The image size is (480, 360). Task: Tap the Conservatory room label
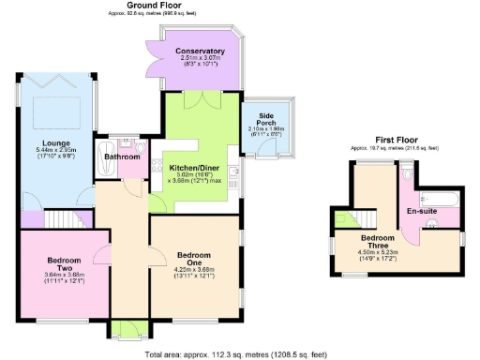click(202, 51)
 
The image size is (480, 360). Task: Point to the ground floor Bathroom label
click(123, 157)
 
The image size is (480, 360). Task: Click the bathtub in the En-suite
click(437, 199)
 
